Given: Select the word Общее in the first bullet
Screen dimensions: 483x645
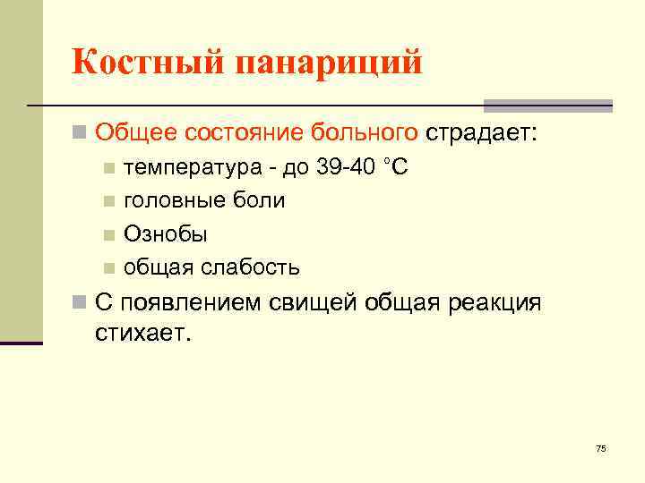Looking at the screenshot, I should pyautogui.click(x=136, y=134).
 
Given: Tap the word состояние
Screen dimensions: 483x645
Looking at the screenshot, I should pyautogui.click(x=244, y=134).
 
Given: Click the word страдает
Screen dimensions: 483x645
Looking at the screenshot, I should pyautogui.click(x=481, y=134).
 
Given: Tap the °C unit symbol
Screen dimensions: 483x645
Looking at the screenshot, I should pyautogui.click(x=396, y=167).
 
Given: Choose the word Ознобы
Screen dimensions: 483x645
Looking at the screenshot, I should pyautogui.click(x=166, y=234).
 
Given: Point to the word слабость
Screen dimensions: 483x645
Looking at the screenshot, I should pyautogui.click(x=256, y=267).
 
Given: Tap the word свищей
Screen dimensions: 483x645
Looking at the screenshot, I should pyautogui.click(x=314, y=302).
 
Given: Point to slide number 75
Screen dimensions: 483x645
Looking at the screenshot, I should pyautogui.click(x=600, y=448).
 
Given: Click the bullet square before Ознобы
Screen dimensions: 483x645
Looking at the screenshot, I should pyautogui.click(x=107, y=235).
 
